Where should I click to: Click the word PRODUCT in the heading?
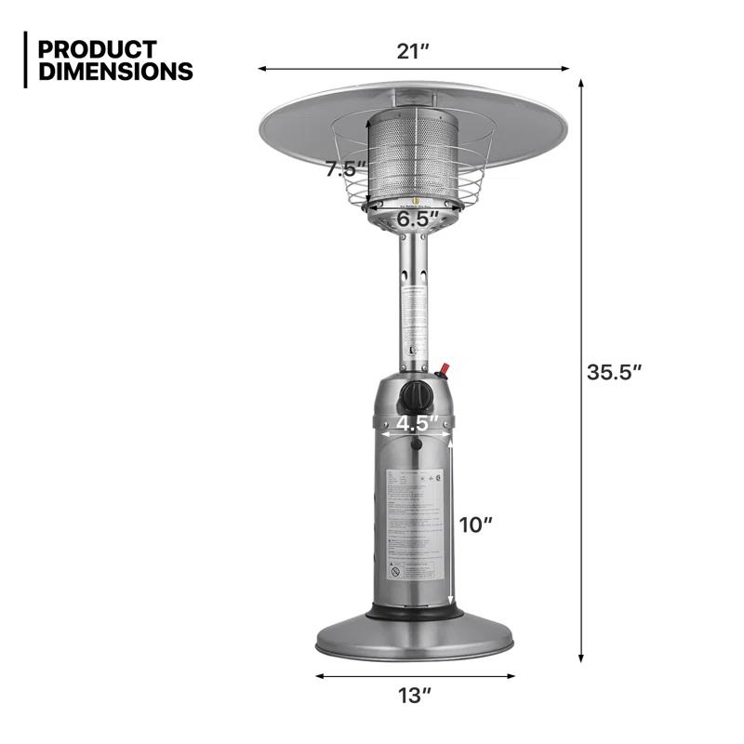coord(98,48)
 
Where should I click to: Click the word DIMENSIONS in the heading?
coord(116,72)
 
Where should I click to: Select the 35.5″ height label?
coord(615,372)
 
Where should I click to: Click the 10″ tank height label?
coord(475,525)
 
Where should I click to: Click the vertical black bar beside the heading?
coord(26,60)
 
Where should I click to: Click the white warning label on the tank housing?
coord(418,525)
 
